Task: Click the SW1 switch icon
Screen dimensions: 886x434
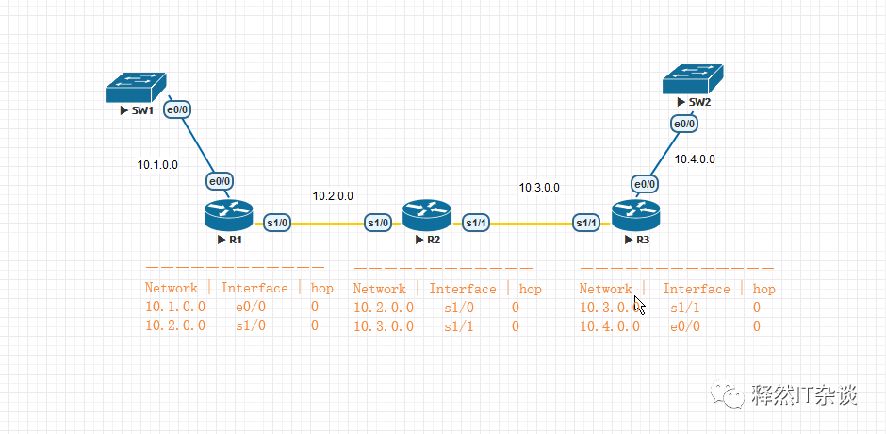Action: (136, 88)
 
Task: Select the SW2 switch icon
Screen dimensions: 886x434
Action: (693, 78)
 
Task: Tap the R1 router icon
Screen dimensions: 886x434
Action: (229, 216)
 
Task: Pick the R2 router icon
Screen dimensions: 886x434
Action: (427, 216)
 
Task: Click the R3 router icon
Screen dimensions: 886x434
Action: (635, 216)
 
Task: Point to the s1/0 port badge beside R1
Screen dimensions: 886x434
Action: (277, 223)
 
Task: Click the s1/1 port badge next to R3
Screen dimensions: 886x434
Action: (586, 223)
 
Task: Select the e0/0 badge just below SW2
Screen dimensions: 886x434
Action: (684, 124)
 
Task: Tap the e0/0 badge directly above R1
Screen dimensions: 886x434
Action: (220, 182)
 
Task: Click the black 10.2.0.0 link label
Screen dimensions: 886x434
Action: (333, 196)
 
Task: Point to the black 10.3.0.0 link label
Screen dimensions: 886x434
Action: (540, 188)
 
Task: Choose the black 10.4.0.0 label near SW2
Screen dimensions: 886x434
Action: (695, 159)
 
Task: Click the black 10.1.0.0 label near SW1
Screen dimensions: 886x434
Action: (157, 165)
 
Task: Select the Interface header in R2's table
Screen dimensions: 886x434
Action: (463, 289)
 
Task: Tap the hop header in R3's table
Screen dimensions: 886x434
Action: (764, 289)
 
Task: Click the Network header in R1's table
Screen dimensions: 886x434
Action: (172, 288)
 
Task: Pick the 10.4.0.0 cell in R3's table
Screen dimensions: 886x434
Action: (610, 325)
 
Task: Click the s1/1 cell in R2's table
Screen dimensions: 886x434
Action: (459, 325)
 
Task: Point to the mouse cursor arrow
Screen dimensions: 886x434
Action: (639, 305)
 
